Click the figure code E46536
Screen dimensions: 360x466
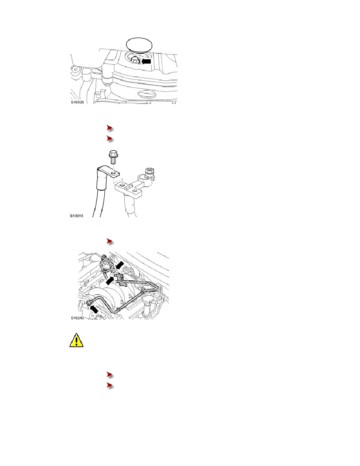point(78,102)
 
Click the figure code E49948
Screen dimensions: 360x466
point(76,216)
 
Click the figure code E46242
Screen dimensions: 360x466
point(78,318)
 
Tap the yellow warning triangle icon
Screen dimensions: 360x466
point(76,340)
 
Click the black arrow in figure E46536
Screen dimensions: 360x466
point(146,61)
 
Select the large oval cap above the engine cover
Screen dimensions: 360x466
point(139,44)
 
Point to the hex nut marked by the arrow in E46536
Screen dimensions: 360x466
point(135,61)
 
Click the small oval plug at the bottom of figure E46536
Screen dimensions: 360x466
point(147,95)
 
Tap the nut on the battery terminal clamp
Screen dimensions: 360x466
point(149,172)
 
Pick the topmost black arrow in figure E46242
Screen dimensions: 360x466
point(120,265)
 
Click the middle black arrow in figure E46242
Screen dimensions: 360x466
point(110,280)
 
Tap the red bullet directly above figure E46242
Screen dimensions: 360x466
point(110,242)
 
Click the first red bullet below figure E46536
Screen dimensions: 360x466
point(110,128)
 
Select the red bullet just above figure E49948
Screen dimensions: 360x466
point(110,138)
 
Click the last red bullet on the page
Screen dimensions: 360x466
point(110,386)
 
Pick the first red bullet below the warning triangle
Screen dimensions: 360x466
point(110,375)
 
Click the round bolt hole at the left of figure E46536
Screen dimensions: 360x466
point(76,69)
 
